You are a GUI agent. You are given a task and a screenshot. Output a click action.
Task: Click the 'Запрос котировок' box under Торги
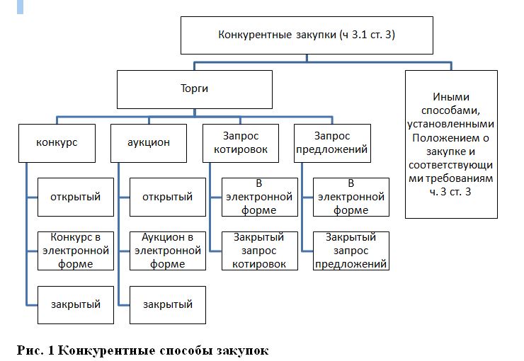pos(241,142)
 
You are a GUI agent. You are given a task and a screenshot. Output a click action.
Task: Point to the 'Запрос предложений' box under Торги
pos(333,142)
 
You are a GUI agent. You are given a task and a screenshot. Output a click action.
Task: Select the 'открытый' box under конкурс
pos(75,197)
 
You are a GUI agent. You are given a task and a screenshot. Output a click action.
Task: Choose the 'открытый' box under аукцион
pos(168,197)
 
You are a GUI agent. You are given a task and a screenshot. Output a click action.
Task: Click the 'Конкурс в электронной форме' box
pos(75,250)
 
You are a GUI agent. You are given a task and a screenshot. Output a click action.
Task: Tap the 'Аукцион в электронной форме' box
pos(168,250)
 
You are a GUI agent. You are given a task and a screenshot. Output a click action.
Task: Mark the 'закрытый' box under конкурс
pos(75,304)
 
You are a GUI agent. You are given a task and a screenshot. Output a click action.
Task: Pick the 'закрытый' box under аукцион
pos(168,304)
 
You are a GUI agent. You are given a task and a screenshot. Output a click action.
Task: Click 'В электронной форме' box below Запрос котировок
pos(259,197)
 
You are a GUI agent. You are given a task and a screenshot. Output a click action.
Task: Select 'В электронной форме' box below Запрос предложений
pos(351,197)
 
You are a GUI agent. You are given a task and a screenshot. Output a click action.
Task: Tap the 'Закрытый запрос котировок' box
pos(259,251)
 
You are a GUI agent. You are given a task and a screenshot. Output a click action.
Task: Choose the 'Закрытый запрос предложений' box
pos(351,251)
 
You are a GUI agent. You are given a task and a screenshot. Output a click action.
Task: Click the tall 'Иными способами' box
pos(452,144)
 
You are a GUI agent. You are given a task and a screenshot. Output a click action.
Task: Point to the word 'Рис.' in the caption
pos(30,350)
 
